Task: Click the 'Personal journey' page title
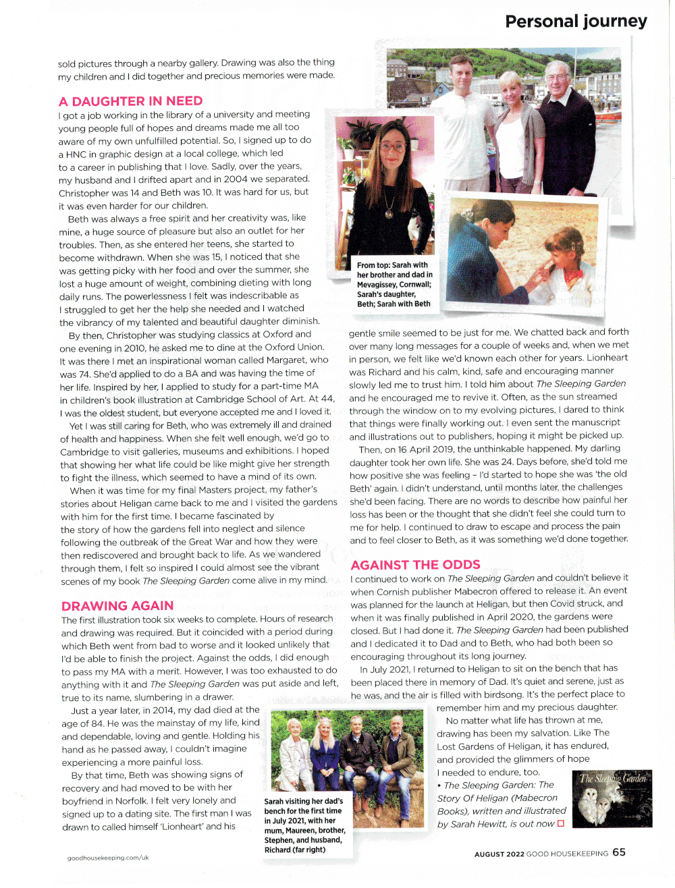tap(576, 22)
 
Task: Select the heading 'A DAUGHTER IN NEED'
tap(130, 101)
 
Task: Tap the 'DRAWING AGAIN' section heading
tap(117, 605)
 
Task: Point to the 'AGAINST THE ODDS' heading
tap(416, 565)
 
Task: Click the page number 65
tap(619, 852)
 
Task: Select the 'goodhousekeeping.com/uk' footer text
tap(108, 858)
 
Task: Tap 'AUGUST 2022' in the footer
tap(499, 854)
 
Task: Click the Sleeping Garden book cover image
tap(612, 798)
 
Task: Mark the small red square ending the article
tap(560, 823)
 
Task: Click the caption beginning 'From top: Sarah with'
tap(395, 284)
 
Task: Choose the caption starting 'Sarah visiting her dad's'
tap(304, 825)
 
